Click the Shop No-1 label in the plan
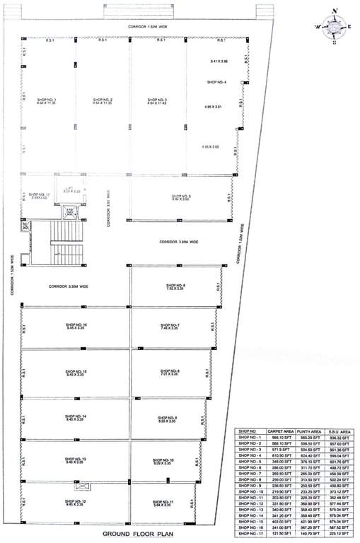pos(47,101)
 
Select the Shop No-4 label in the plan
pos(216,83)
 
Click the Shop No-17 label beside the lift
pos(40,194)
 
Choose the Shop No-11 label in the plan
pos(163,503)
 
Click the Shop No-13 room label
pos(75,460)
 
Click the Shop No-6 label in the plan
pos(175,286)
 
